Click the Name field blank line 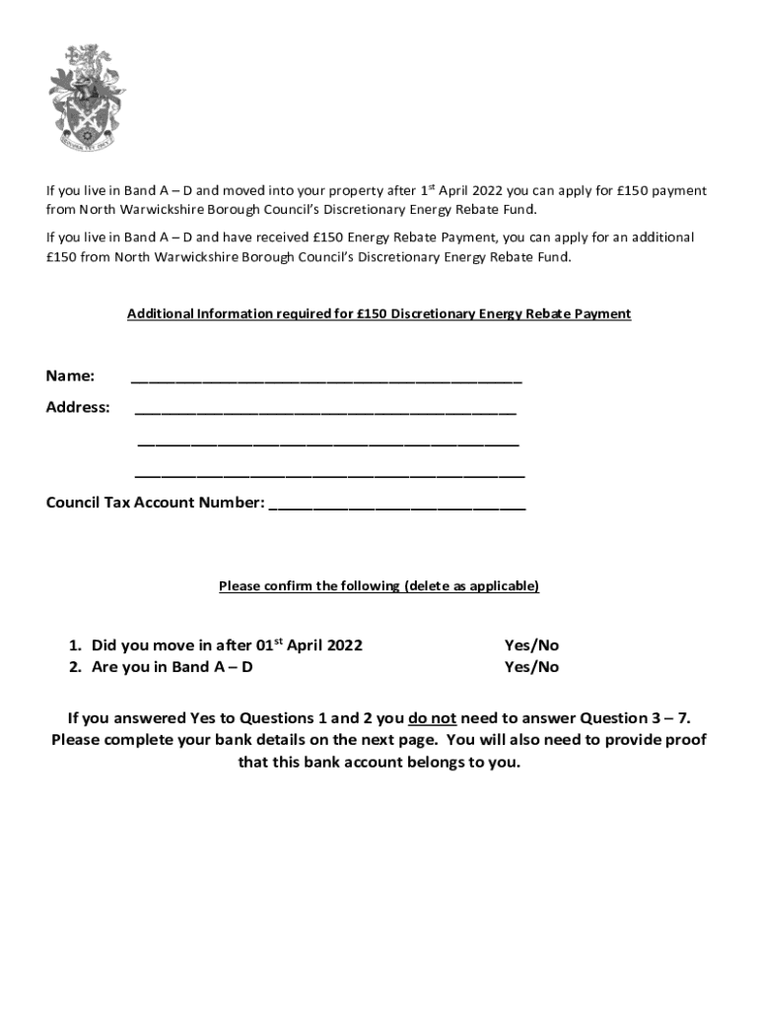[325, 378]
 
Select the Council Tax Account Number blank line [397, 506]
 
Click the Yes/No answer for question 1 [531, 645]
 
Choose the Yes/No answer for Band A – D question [531, 667]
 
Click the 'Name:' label [71, 375]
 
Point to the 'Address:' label [78, 407]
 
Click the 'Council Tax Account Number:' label [156, 504]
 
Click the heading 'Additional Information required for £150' [379, 314]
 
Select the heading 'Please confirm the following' [379, 586]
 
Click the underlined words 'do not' [432, 718]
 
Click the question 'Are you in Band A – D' [172, 667]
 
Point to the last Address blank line [329, 475]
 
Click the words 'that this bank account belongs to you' [379, 763]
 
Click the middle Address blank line [328, 443]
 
